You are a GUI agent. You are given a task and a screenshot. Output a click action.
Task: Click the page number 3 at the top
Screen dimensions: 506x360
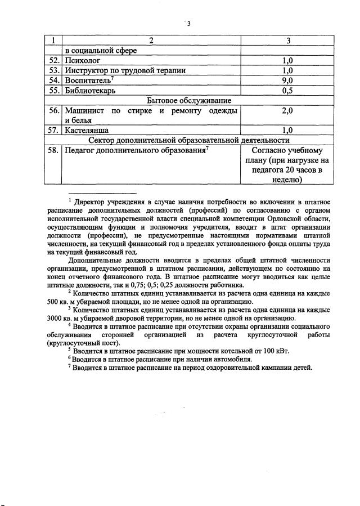tap(189, 23)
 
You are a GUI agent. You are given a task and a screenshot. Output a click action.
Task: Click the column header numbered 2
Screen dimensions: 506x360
tap(151, 41)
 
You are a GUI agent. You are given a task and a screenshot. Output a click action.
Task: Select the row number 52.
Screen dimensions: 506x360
tap(54, 60)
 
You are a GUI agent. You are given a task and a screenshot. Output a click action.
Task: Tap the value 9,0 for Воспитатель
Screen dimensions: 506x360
tap(287, 80)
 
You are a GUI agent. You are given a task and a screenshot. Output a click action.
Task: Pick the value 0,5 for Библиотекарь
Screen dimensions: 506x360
tap(287, 91)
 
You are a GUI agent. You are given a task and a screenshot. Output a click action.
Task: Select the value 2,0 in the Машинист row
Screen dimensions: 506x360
tap(287, 111)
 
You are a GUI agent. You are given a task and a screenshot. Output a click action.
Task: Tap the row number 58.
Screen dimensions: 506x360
tap(54, 151)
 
